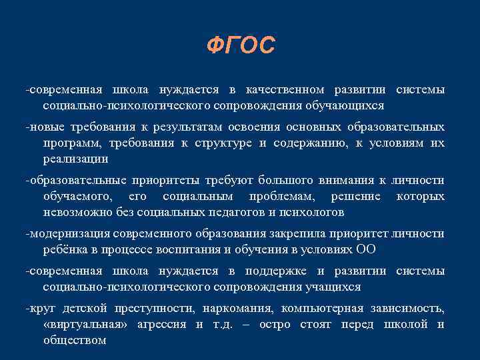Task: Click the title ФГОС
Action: point(240,46)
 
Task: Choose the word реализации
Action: point(75,159)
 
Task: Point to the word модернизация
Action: point(69,234)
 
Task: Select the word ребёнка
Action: point(65,250)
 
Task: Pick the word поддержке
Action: point(293,271)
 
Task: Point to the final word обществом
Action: point(74,341)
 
